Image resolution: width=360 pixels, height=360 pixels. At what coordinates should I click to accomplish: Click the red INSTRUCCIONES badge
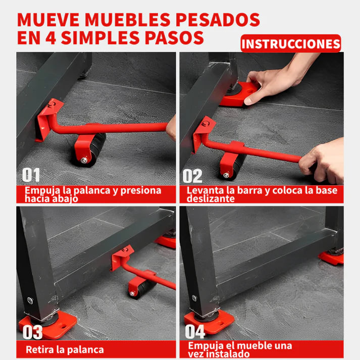click(x=291, y=43)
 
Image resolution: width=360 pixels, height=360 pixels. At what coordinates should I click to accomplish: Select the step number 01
click(x=31, y=175)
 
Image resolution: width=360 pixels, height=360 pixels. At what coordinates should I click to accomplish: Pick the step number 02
click(x=192, y=176)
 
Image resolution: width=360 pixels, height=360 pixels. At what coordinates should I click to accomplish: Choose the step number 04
click(x=194, y=332)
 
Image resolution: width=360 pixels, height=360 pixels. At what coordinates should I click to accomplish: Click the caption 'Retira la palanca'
click(x=65, y=349)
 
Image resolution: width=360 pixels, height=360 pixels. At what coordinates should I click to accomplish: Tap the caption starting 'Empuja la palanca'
click(x=93, y=194)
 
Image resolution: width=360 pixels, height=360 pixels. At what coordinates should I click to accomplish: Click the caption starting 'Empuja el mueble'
click(x=240, y=349)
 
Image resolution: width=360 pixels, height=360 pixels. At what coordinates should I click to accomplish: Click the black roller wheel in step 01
click(x=93, y=149)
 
